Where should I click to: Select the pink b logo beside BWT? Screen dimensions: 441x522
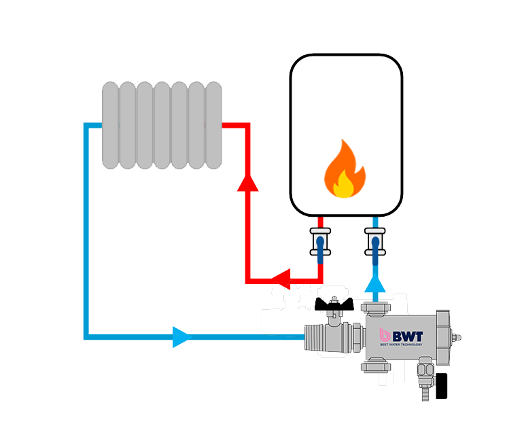pos(385,334)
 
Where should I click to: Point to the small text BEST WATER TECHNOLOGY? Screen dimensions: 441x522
pos(401,345)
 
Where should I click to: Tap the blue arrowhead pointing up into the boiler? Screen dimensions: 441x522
pos(375,283)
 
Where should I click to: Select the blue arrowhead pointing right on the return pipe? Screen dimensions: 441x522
pos(181,336)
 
